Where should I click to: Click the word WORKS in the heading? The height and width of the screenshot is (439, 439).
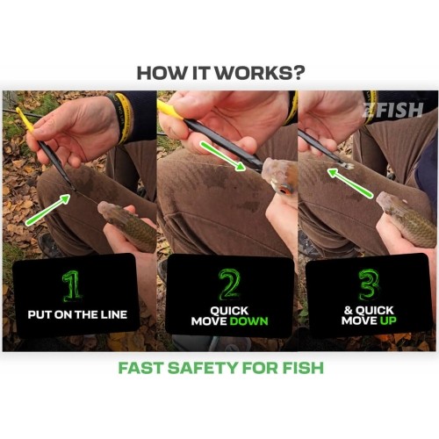pos(255,73)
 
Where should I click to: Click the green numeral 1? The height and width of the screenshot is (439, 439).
pos(71,286)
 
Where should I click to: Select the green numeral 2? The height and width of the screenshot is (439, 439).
pos(229,284)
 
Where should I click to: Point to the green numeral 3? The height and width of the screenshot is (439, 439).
pos(369,284)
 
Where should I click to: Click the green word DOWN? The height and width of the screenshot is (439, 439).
pos(248,321)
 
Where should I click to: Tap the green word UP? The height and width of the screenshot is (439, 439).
pos(388,320)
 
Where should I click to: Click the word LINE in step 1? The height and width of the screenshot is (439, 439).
pos(114,315)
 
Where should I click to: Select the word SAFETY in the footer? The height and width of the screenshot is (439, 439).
pos(203,368)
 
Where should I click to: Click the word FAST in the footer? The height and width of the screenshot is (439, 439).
pos(140,368)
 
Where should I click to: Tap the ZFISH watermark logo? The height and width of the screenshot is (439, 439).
pos(393,110)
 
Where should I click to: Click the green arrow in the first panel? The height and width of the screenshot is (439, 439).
pos(47,210)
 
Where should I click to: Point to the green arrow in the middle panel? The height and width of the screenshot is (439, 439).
pos(222,155)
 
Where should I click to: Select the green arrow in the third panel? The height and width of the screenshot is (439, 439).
pos(350,184)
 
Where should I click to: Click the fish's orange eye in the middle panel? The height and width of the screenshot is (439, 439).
pos(283,191)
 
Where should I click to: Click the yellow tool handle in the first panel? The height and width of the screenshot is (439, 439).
pos(25,119)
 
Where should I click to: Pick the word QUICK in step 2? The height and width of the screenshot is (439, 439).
pos(229,311)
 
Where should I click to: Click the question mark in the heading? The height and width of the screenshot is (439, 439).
pos(298,73)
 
